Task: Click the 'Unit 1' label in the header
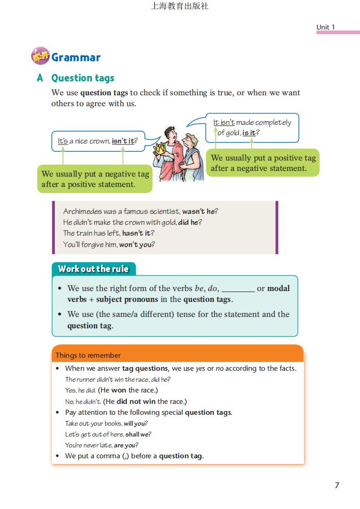pos(326,27)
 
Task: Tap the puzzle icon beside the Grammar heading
pos(40,56)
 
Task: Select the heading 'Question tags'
pos(82,78)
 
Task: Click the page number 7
pos(337,485)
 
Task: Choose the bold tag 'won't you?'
pos(137,244)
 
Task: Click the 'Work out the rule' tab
pos(93,269)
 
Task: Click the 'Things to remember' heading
pos(88,355)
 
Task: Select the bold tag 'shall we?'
pos(138,434)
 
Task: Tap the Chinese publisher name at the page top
pos(180,7)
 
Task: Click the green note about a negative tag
pos(95,179)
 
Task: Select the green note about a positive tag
pos(263,163)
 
